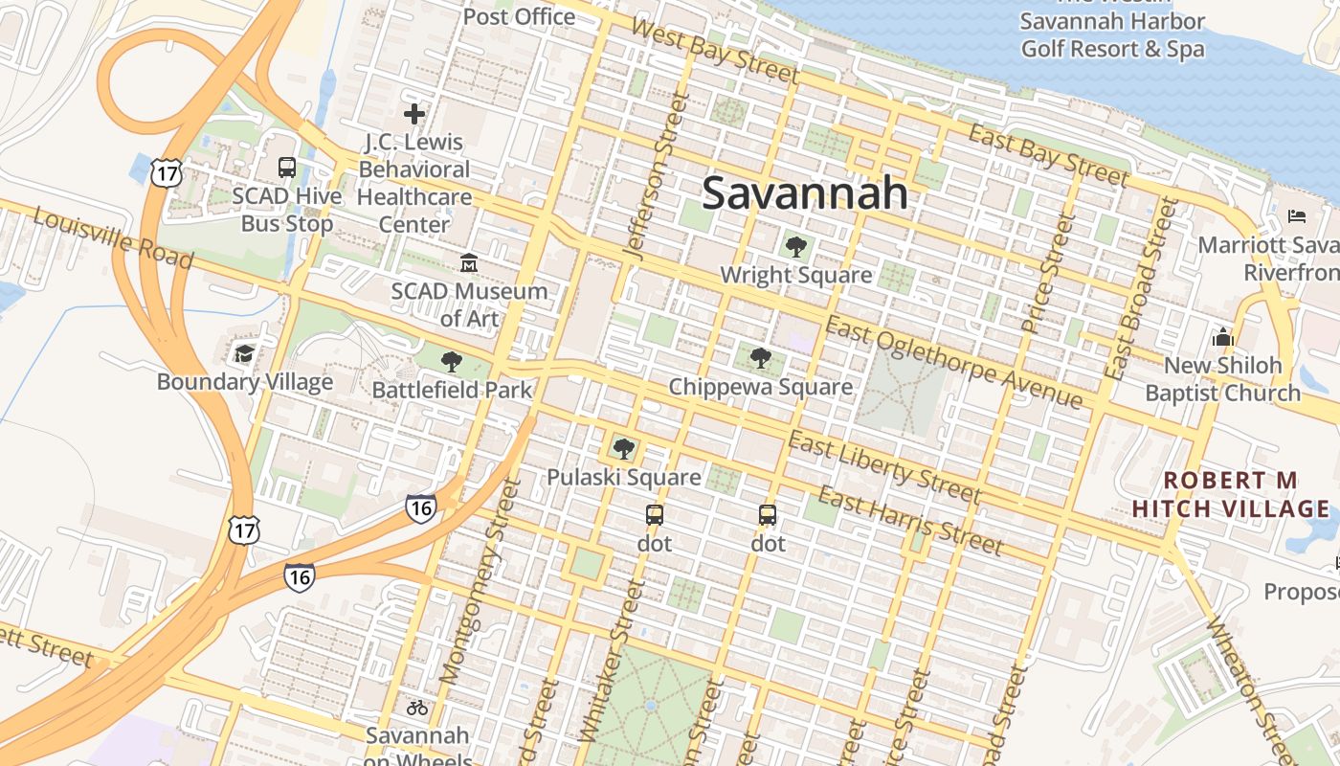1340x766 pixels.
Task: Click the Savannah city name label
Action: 804,193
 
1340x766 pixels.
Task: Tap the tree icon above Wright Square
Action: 795,247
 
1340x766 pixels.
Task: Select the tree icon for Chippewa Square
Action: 761,359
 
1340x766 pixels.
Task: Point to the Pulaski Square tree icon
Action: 624,448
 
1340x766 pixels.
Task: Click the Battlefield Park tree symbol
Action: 452,362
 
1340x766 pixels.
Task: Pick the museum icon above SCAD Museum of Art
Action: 469,262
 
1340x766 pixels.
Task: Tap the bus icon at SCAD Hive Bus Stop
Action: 286,168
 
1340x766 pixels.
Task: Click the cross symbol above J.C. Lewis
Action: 414,115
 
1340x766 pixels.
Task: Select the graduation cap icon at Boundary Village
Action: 245,353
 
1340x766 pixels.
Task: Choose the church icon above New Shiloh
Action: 1222,337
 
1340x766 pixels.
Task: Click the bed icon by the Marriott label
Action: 1297,215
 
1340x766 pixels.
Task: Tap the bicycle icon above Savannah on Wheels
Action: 417,708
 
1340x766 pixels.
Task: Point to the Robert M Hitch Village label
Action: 1230,494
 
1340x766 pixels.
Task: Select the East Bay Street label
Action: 1047,154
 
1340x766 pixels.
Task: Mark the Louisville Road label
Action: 113,237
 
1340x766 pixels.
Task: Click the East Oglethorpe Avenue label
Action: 954,362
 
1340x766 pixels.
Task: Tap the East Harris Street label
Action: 910,522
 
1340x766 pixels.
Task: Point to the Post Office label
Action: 519,16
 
